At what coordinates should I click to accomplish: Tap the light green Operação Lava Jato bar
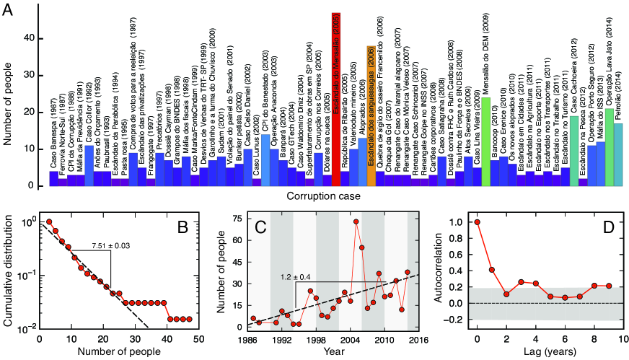pos(610,149)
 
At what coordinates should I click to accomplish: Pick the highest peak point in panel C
pos(356,221)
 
